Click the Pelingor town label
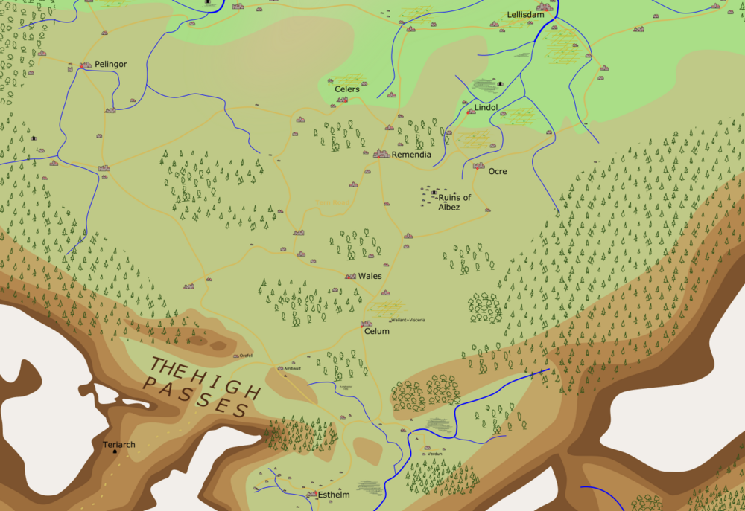110,65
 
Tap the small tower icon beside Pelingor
85,65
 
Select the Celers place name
346,89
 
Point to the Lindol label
486,108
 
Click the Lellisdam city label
527,15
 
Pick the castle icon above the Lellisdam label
542,7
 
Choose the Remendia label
411,155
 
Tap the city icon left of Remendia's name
381,154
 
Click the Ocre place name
497,172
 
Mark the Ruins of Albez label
454,202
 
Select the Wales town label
370,276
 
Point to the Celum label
376,332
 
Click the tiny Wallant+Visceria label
408,320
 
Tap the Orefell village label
247,356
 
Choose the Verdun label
435,453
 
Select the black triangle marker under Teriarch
115,452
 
